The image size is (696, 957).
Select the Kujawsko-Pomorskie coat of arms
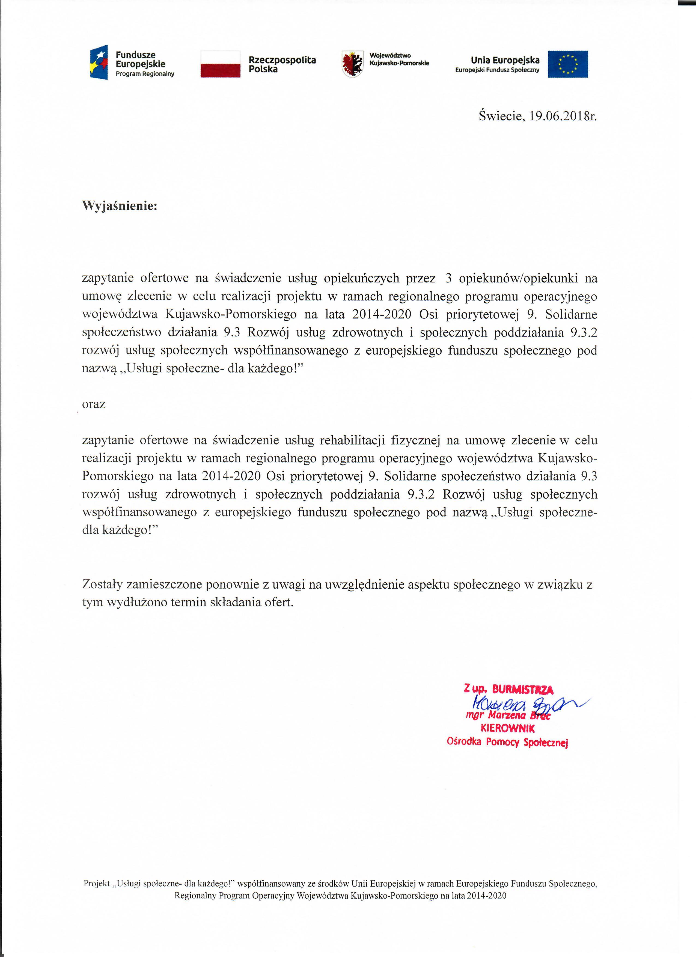(352, 64)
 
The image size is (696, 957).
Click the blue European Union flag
(568, 64)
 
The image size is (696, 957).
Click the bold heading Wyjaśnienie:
(120, 206)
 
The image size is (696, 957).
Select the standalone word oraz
(94, 404)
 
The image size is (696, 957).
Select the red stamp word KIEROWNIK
(507, 728)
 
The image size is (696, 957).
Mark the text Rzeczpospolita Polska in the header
(282, 65)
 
